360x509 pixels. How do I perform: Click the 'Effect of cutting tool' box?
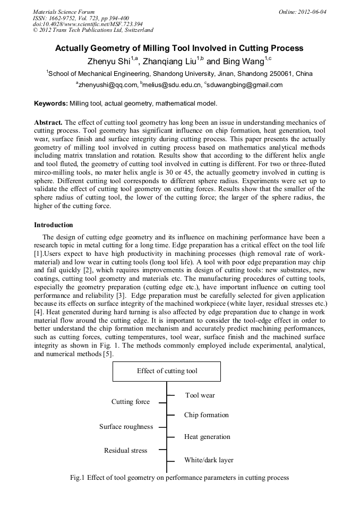pos(167,371)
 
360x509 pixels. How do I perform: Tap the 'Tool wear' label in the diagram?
pos(200,395)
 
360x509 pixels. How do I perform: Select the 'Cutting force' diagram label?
pos(130,402)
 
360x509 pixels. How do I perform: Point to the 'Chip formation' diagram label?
pos(206,415)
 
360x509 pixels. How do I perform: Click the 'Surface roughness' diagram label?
pos(126,427)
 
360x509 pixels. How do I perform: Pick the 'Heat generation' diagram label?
pos(207,437)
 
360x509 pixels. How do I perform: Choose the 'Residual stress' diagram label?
pos(125,451)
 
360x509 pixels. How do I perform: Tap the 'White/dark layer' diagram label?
pos(209,460)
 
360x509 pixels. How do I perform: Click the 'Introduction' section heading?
pos(54,225)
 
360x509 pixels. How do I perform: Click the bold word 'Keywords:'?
pos(50,103)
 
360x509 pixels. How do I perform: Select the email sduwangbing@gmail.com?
pos(241,85)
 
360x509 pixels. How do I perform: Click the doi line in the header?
pos(87,24)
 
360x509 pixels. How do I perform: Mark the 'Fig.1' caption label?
pos(78,478)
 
